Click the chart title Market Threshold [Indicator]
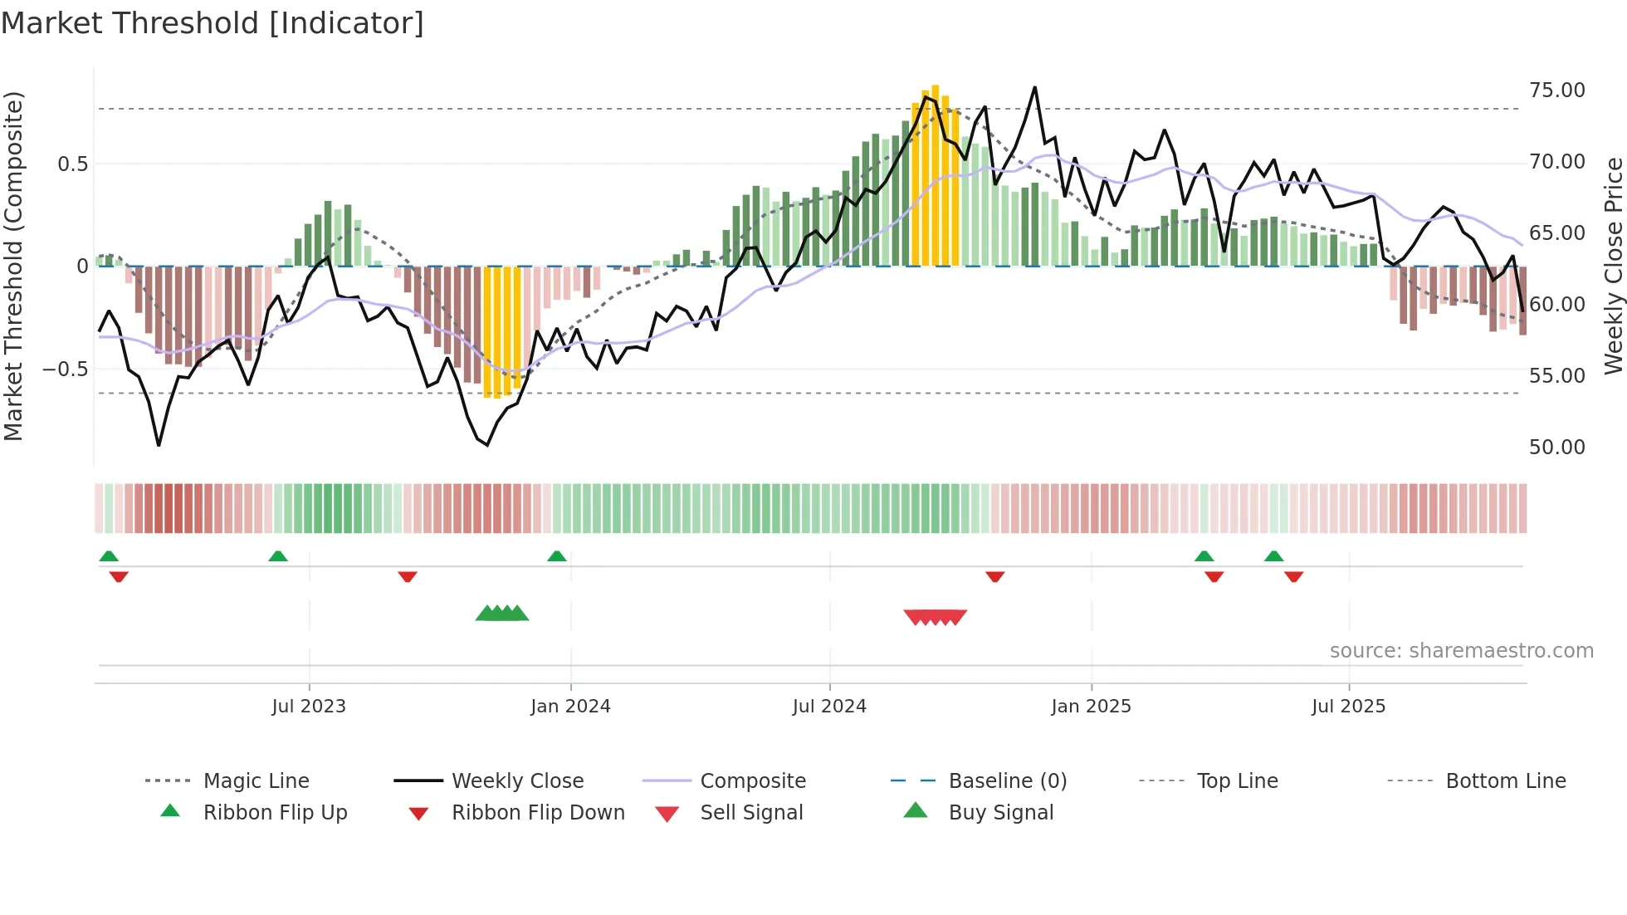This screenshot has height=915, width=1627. tap(213, 23)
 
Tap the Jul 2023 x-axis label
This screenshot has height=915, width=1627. tap(309, 707)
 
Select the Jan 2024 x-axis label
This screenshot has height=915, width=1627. tap(570, 707)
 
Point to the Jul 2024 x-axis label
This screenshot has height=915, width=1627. tap(829, 707)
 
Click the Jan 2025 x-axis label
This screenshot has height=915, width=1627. tap(1091, 707)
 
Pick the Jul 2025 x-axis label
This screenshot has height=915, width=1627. tap(1349, 707)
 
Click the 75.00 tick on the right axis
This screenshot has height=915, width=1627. tap(1556, 91)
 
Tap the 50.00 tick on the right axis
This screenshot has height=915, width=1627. tap(1556, 448)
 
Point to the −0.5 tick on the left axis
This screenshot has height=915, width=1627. tap(65, 369)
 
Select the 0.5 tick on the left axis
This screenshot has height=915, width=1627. tap(72, 164)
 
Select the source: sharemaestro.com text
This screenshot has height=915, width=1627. tap(1461, 651)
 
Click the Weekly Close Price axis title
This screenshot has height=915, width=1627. tap(1613, 266)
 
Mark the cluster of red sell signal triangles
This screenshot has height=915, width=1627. tap(935, 617)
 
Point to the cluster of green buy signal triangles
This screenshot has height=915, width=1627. tap(502, 614)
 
